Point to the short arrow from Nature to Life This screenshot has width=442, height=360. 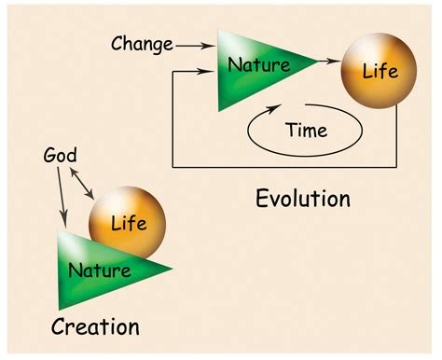(326, 62)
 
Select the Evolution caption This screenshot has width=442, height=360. (303, 199)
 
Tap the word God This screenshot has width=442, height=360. (60, 156)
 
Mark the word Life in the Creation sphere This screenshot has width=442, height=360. (129, 223)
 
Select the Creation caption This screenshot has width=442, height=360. (95, 328)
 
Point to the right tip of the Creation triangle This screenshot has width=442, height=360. (173, 270)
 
